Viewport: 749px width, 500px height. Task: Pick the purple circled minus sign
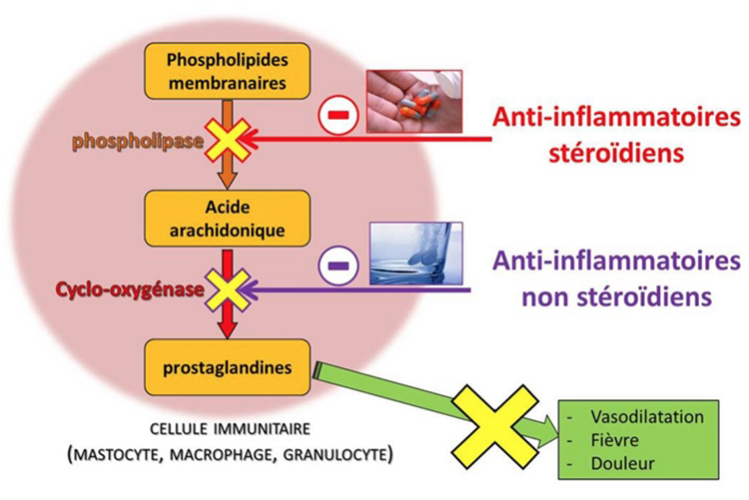tap(336, 264)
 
